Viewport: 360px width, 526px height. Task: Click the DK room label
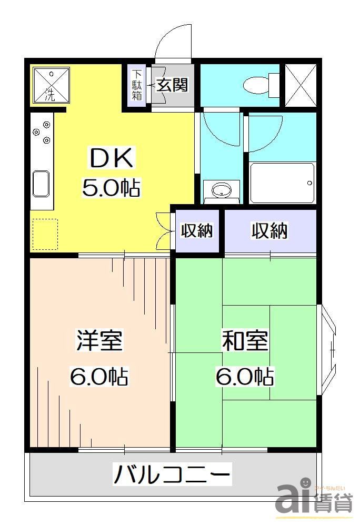[x=113, y=158]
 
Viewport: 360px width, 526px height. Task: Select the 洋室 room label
[x=99, y=341]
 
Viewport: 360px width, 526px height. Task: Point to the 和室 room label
[x=245, y=341]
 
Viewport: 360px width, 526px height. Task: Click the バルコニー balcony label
[x=172, y=475]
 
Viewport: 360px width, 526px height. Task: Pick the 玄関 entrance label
[x=172, y=84]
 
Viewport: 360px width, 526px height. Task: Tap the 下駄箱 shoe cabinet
[x=137, y=85]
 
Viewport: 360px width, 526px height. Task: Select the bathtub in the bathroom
[x=282, y=183]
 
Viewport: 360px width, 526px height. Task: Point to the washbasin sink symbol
[x=221, y=190]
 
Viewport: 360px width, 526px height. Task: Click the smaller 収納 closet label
[x=197, y=230]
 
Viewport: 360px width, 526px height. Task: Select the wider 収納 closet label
[x=269, y=230]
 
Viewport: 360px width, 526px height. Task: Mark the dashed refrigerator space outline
[x=45, y=234]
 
